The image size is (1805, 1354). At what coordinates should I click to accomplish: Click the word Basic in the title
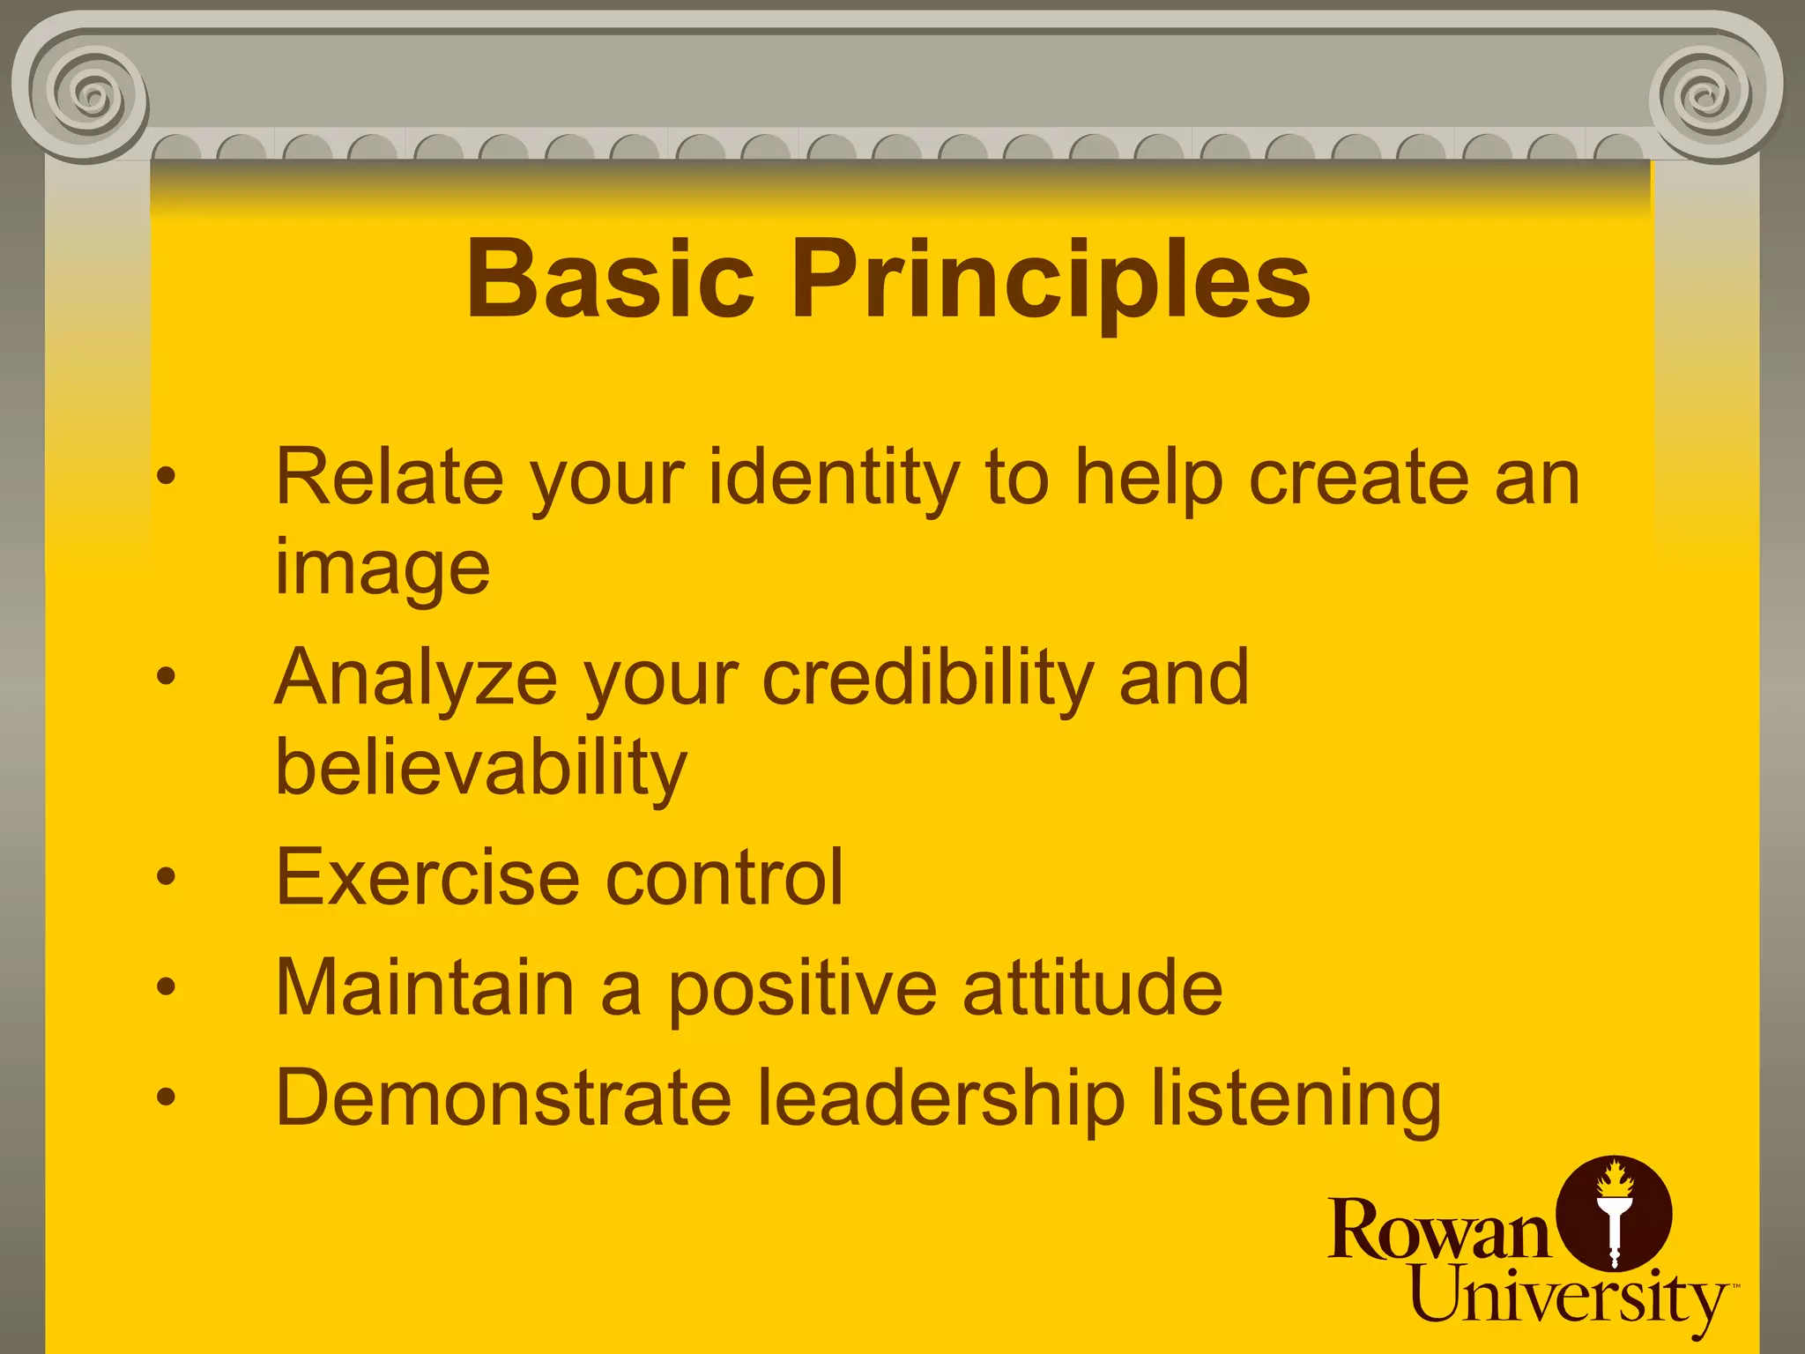pos(610,280)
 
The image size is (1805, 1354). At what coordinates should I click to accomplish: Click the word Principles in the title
pos(1051,280)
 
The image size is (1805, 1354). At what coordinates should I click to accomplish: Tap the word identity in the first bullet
pos(833,478)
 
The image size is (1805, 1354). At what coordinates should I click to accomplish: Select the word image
pos(382,569)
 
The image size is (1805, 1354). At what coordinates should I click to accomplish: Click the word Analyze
pos(415,679)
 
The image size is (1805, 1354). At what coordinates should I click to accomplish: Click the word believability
pos(480,769)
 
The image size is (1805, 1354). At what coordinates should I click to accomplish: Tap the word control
pos(724,877)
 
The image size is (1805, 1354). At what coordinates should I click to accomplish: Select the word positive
pos(801,989)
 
